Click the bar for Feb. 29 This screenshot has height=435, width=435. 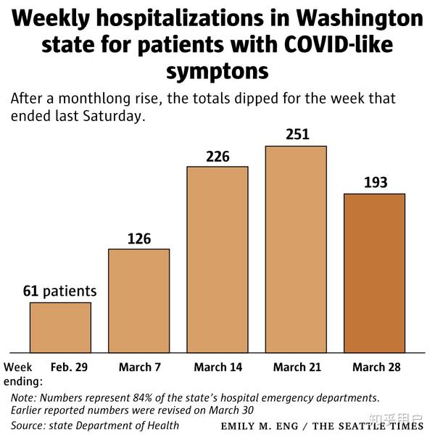(60, 327)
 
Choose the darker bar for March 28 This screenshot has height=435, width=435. (374, 273)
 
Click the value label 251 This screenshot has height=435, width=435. (297, 134)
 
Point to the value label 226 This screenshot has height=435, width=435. (217, 155)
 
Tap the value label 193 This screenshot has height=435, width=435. (375, 182)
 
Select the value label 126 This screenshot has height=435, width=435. (138, 238)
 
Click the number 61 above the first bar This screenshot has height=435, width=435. (30, 291)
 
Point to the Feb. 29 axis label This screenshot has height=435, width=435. (69, 368)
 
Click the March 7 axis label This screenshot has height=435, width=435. (138, 368)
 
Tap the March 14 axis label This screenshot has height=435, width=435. (217, 368)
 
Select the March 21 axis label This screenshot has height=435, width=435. (297, 368)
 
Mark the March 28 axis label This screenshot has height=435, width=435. (376, 368)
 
